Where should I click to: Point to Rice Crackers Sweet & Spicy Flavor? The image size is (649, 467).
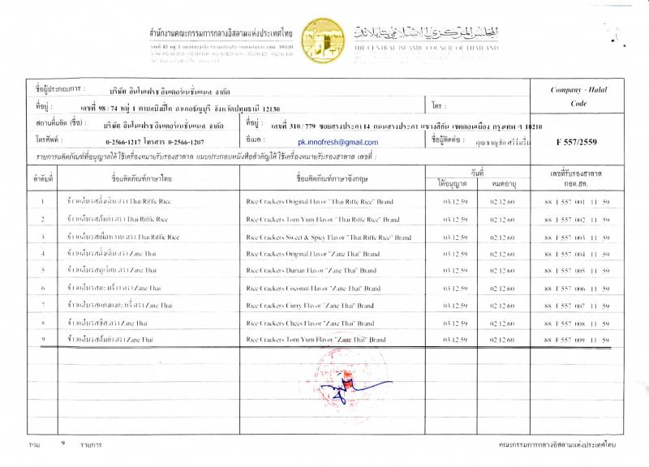328,237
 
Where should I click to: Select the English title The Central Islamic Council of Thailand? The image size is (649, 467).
426,48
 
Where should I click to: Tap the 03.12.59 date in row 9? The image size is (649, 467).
453,340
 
